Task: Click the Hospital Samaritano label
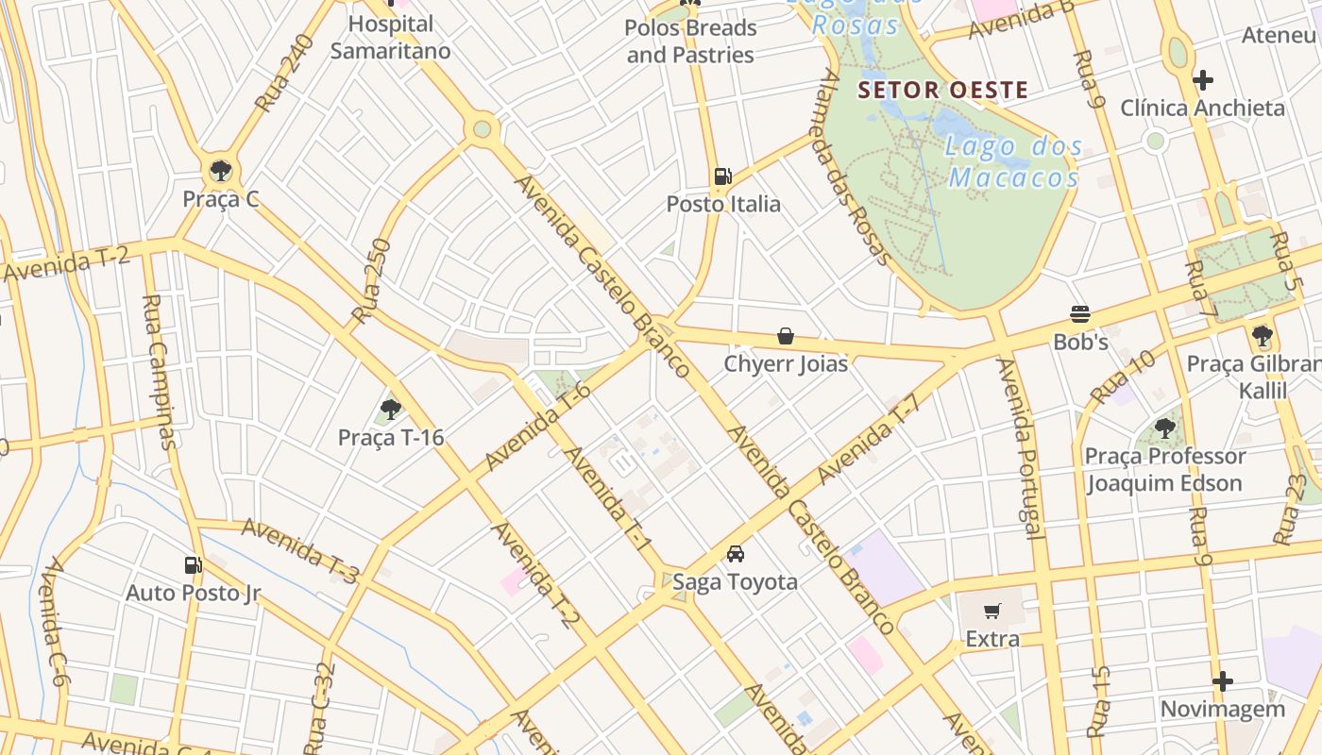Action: pyautogui.click(x=390, y=37)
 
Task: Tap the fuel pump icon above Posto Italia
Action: pyautogui.click(x=722, y=176)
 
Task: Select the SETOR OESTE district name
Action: pyautogui.click(x=942, y=91)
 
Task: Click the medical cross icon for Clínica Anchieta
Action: pyautogui.click(x=1203, y=80)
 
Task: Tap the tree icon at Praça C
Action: pyautogui.click(x=221, y=171)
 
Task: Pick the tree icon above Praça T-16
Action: pyautogui.click(x=390, y=410)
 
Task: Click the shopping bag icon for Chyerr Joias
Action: pyautogui.click(x=785, y=335)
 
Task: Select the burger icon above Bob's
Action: pyautogui.click(x=1080, y=313)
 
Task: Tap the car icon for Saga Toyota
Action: pyautogui.click(x=736, y=554)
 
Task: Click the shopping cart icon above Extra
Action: pyautogui.click(x=991, y=612)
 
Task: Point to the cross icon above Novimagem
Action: pyautogui.click(x=1223, y=680)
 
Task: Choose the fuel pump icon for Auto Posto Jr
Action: pyautogui.click(x=193, y=565)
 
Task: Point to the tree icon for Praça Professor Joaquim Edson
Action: pyautogui.click(x=1165, y=428)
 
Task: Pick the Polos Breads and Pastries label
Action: pyautogui.click(x=690, y=42)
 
